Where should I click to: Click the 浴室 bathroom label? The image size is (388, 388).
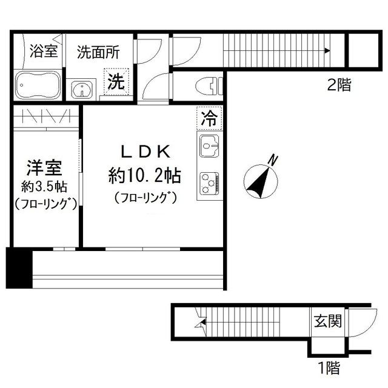click(x=44, y=51)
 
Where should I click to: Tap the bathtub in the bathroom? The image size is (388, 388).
click(x=37, y=85)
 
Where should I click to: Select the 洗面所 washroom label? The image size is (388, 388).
click(x=98, y=51)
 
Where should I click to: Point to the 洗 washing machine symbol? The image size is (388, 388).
click(x=116, y=81)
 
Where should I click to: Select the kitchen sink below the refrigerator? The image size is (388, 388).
click(x=209, y=146)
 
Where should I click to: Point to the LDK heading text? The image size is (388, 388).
click(x=144, y=152)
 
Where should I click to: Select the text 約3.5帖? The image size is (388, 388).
click(x=44, y=186)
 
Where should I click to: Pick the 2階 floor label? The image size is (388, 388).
click(x=339, y=85)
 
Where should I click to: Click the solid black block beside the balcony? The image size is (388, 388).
click(x=19, y=267)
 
